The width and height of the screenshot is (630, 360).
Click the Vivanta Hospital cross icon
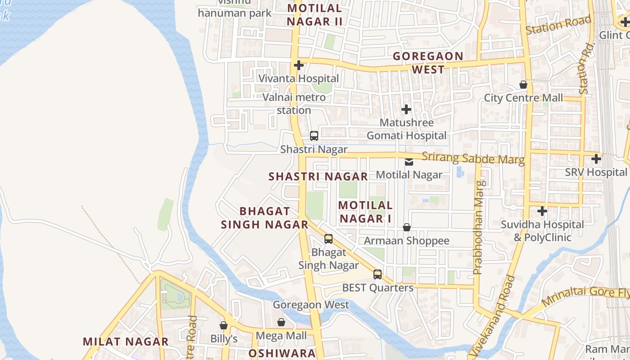298,66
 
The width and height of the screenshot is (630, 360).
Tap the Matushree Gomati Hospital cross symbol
406,109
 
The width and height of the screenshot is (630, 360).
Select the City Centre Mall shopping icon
523,85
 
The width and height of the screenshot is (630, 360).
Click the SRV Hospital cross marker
596,159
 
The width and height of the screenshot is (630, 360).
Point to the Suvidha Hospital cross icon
542,211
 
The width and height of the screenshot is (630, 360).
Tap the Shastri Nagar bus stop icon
314,135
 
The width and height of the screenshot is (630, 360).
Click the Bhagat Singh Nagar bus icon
328,238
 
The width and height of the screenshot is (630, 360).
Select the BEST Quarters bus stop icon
378,274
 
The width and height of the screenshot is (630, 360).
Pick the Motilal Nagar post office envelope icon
409,162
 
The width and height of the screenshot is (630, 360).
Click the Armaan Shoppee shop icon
407,227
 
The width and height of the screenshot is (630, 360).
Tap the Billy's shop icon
224,325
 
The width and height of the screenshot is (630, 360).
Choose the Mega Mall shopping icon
281,322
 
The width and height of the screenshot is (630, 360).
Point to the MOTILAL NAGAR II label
315,14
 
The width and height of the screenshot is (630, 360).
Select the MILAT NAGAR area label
126,341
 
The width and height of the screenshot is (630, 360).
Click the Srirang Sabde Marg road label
473,159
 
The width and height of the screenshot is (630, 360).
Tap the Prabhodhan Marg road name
478,227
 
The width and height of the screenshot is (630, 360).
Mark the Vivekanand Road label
491,317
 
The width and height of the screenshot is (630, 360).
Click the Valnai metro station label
294,103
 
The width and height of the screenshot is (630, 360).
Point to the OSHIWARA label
282,353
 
